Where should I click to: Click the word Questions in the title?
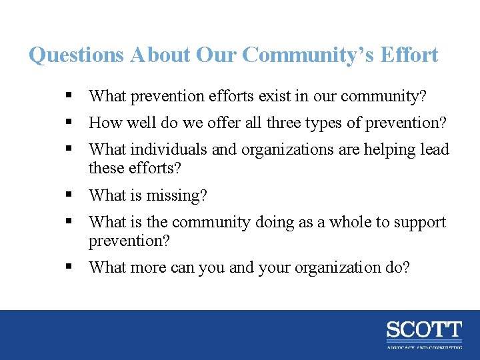pos(76,55)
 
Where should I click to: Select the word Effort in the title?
pos(409,55)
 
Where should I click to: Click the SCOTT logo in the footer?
pos(423,331)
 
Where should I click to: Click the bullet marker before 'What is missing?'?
pos(69,195)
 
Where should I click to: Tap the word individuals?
pos(171,149)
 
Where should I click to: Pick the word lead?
pos(435,149)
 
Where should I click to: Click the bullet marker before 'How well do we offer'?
pos(69,123)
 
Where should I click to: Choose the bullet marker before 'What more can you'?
pos(69,267)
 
